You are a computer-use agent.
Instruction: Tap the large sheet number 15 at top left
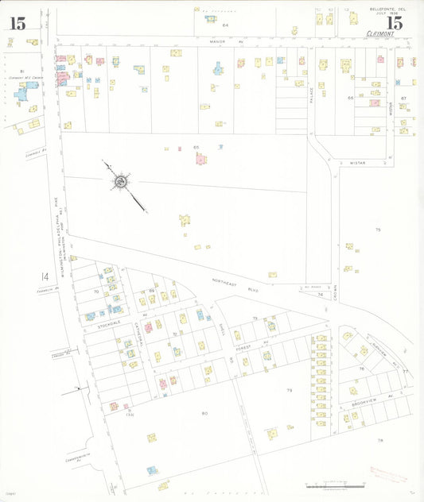click(18, 23)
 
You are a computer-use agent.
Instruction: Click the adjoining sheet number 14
click(46, 276)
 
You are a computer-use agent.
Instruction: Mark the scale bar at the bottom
click(327, 484)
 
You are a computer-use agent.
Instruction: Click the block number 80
click(204, 413)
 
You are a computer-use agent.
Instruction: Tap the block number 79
click(289, 390)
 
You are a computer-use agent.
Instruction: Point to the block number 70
click(96, 292)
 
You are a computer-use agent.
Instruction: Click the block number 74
click(320, 294)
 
